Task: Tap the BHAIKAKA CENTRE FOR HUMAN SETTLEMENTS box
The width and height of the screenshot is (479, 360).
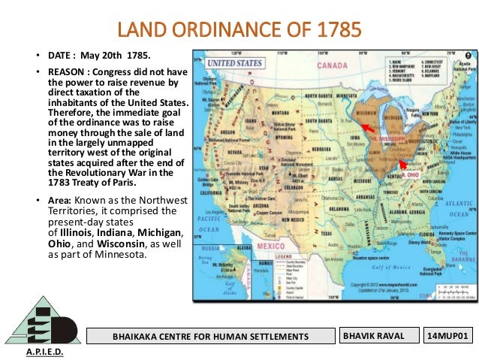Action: (210, 334)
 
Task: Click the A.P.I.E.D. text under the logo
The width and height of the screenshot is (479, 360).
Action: (44, 352)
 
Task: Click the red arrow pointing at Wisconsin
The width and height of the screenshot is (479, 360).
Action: (368, 127)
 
